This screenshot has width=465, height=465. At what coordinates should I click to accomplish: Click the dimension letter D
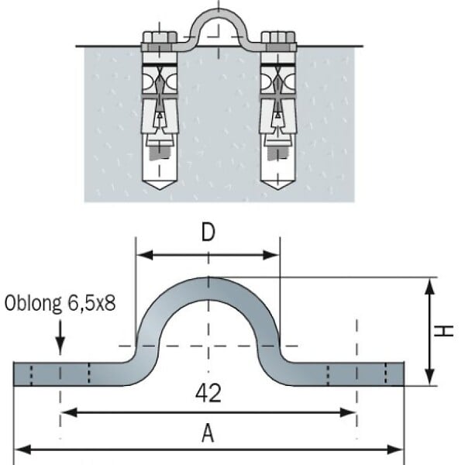(x=208, y=232)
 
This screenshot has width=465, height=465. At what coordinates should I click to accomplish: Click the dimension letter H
(x=443, y=331)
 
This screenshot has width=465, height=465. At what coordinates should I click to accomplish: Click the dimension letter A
(x=208, y=433)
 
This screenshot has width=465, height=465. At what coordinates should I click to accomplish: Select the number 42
(x=208, y=393)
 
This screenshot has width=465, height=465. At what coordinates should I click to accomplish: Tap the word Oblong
(x=33, y=303)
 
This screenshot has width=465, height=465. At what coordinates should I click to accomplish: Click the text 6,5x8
(x=91, y=303)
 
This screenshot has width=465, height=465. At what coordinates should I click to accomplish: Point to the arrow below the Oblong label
(x=60, y=337)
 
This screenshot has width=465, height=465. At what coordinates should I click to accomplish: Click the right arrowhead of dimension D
(x=271, y=255)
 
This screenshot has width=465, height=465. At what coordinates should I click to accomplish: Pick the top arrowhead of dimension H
(x=429, y=286)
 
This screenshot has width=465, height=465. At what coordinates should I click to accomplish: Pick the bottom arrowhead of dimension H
(x=429, y=377)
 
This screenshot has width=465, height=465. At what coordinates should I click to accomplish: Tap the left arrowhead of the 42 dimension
(x=69, y=412)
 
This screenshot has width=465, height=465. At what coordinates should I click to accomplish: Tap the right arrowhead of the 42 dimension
(x=347, y=412)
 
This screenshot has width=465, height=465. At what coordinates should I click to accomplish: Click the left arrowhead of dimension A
(x=22, y=449)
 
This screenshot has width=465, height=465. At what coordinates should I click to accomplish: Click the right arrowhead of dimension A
(x=395, y=449)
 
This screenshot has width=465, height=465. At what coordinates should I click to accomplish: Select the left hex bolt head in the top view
(x=160, y=37)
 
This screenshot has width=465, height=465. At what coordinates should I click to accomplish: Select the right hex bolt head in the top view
(x=278, y=37)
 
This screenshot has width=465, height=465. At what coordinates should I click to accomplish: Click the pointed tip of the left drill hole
(x=160, y=190)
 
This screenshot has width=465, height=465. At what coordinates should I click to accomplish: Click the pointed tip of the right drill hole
(x=278, y=190)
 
